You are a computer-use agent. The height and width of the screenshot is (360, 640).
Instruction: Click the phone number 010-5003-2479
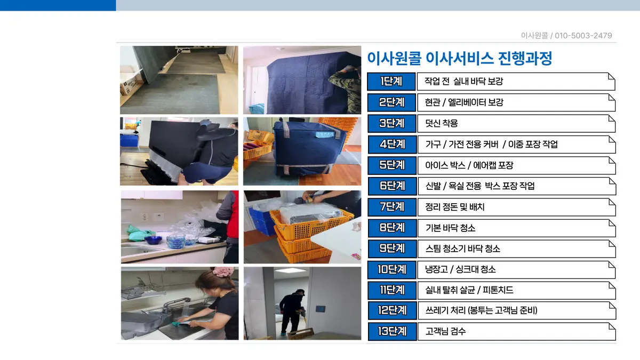pyautogui.click(x=583, y=36)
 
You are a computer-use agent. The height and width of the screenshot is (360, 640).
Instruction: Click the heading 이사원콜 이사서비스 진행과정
pyautogui.click(x=459, y=58)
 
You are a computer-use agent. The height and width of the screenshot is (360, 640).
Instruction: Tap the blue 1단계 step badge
pyautogui.click(x=391, y=82)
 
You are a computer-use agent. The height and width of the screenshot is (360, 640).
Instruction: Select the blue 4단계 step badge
pyautogui.click(x=391, y=144)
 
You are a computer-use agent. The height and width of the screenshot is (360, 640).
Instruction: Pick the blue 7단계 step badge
pyautogui.click(x=391, y=207)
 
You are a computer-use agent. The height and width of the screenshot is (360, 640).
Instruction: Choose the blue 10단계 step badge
pyautogui.click(x=391, y=269)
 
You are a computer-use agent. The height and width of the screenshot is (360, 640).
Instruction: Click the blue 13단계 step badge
pyautogui.click(x=391, y=331)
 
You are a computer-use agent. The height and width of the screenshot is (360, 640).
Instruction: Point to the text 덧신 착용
pyautogui.click(x=441, y=124)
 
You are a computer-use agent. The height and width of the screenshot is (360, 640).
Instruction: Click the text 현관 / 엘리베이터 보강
pyautogui.click(x=463, y=102)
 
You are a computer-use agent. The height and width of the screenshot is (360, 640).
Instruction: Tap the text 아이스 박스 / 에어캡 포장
pyautogui.click(x=469, y=165)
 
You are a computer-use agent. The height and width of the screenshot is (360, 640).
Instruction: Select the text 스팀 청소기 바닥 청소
pyautogui.click(x=462, y=249)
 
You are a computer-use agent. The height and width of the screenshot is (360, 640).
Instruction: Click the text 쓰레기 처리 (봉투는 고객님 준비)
pyautogui.click(x=481, y=310)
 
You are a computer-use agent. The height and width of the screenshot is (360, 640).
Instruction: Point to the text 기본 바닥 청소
pyautogui.click(x=450, y=228)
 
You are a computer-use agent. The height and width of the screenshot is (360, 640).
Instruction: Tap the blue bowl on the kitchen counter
pyautogui.click(x=153, y=240)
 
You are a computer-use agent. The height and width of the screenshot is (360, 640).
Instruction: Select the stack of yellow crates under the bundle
pyautogui.click(x=304, y=240)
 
